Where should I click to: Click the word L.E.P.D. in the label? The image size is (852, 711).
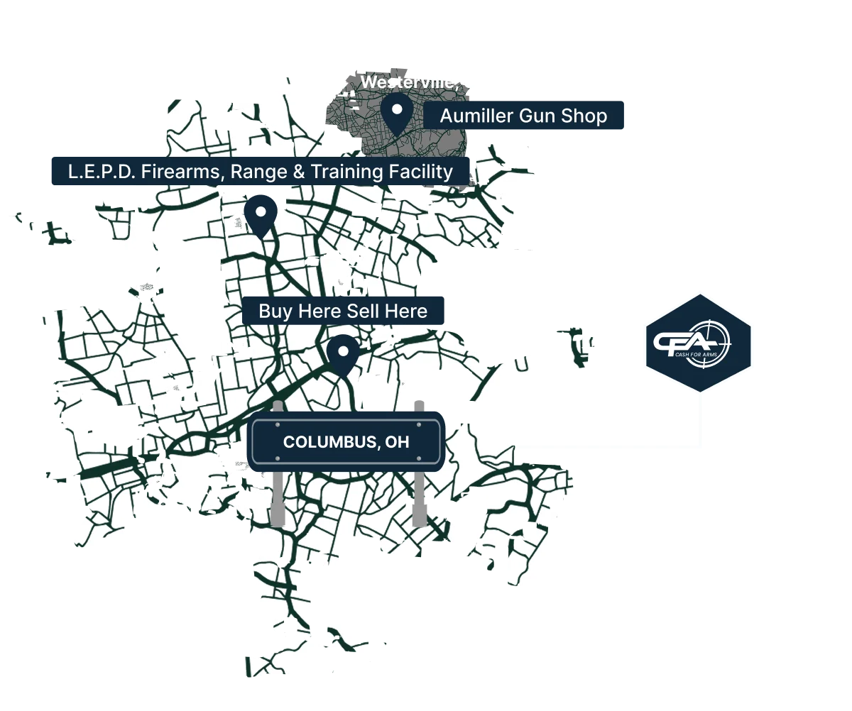(101, 172)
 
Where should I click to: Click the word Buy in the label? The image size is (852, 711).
(274, 312)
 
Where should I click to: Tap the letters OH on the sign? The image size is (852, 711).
(398, 442)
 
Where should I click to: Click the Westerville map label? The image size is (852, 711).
(407, 82)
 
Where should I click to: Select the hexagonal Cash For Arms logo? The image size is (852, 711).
(698, 343)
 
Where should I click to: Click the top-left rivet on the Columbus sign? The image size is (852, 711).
(257, 425)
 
